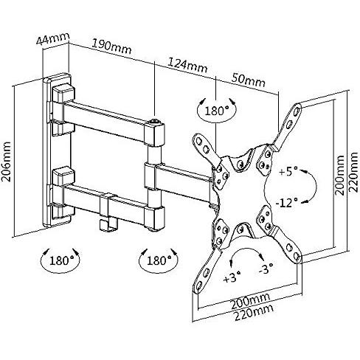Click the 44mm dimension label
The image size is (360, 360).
click(53, 38)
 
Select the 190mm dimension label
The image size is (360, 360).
click(112, 46)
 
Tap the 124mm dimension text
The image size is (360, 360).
click(187, 65)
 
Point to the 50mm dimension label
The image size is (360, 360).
click(249, 80)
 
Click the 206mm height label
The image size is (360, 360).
click(7, 161)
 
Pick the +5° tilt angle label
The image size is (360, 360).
click(288, 171)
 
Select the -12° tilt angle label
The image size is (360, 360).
click(287, 203)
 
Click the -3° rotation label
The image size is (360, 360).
click(266, 269)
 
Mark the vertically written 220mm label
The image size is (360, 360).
click(353, 172)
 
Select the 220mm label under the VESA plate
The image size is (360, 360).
click(254, 313)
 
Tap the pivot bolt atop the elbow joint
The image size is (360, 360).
click(154, 120)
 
